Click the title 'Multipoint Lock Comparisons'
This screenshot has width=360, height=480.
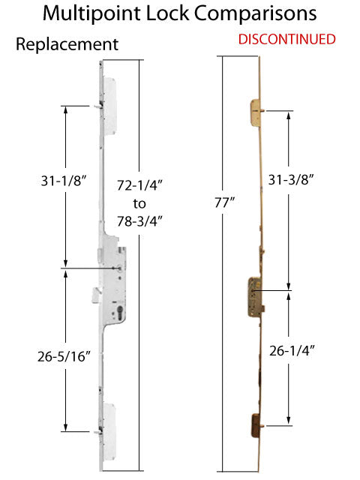coord(179,14)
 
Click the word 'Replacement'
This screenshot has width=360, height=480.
coord(67,45)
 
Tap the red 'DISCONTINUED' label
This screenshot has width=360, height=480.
coord(287,39)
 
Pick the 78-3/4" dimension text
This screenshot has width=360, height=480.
coord(140,220)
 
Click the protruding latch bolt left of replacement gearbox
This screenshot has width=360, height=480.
coord(91,294)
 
